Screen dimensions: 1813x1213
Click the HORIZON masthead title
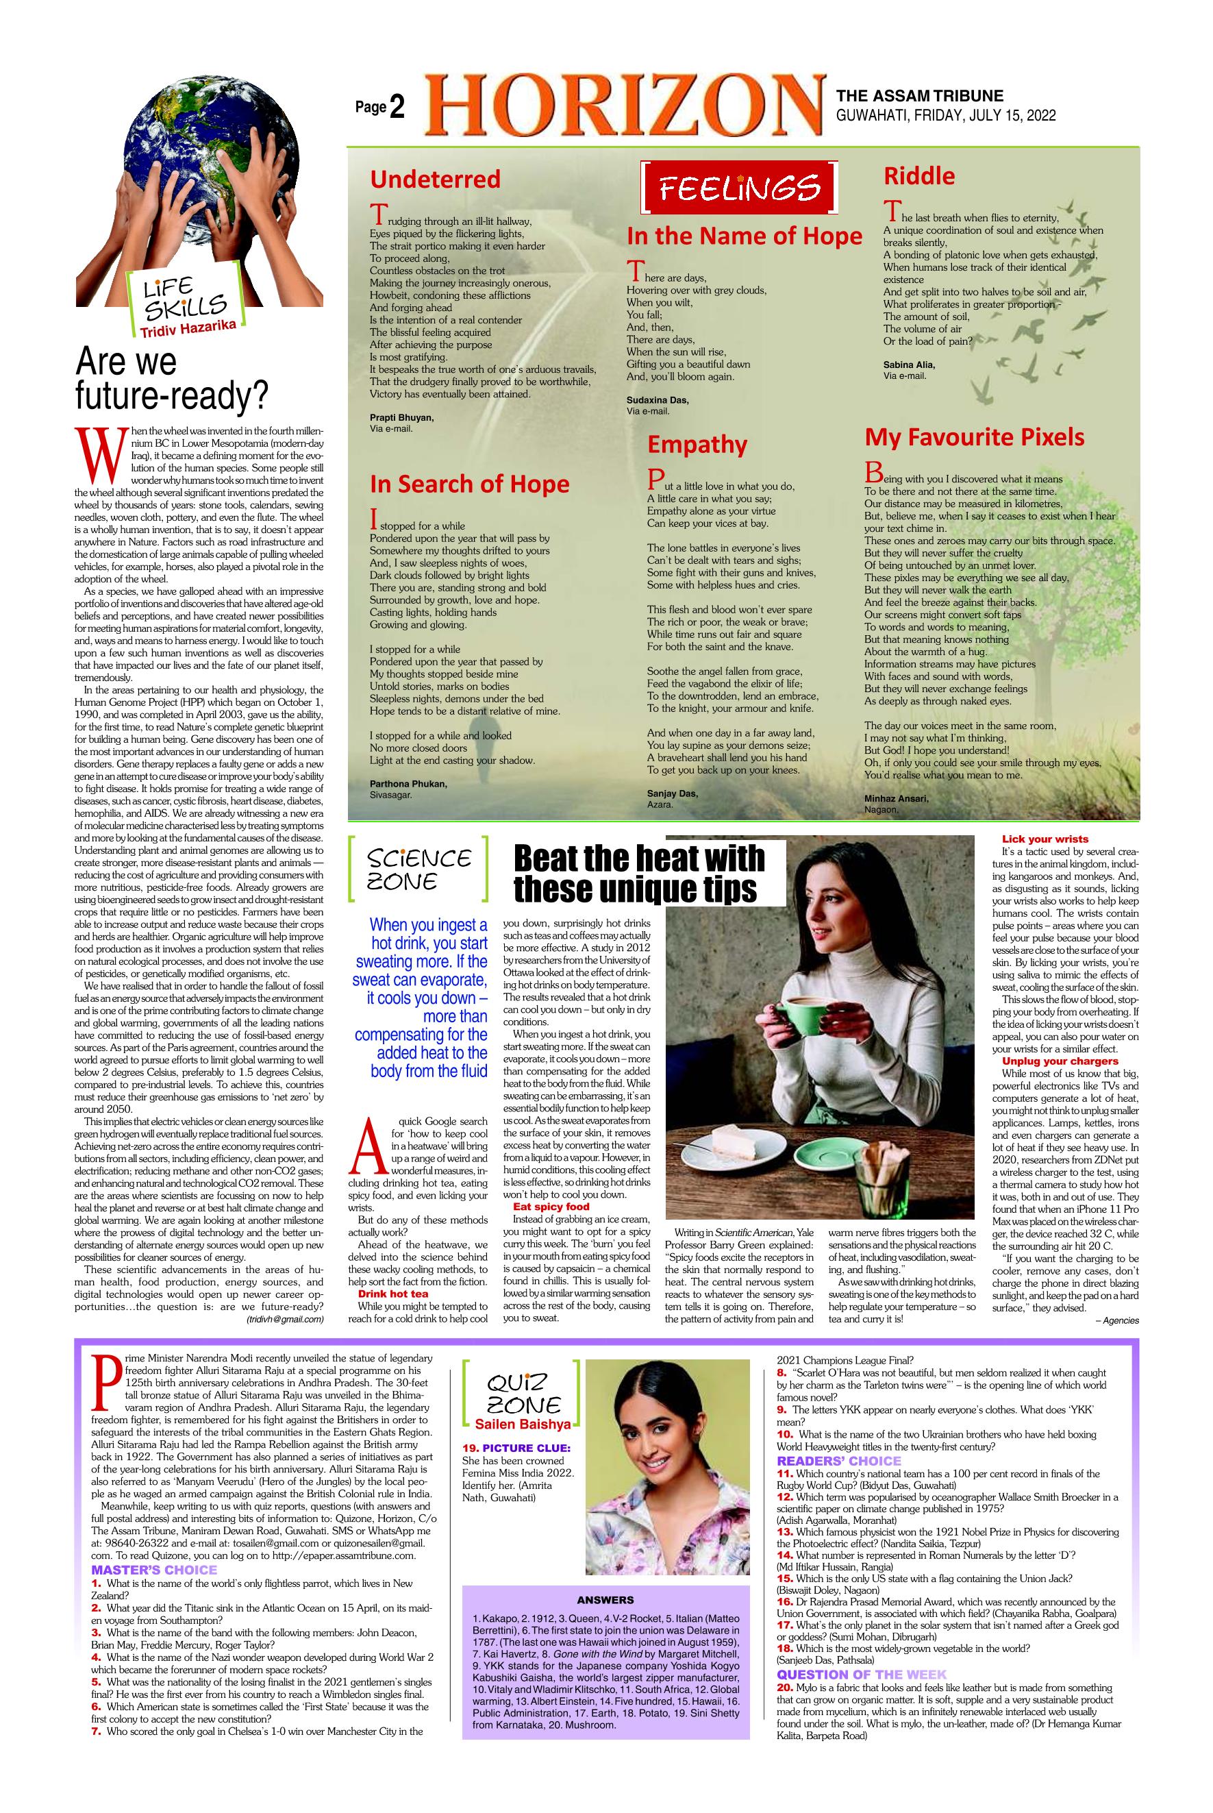pos(623,106)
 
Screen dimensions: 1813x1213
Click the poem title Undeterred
pos(435,180)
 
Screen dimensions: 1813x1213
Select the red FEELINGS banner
pos(739,187)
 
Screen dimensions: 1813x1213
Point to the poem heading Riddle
pos(919,175)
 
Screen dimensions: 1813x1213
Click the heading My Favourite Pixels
pos(974,437)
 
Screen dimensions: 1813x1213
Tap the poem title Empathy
pos(697,445)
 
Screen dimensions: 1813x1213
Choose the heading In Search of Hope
pos(468,484)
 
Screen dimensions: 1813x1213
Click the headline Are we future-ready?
pos(171,379)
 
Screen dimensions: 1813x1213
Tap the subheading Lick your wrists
pos(1045,839)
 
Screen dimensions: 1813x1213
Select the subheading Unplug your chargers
pos(1060,1061)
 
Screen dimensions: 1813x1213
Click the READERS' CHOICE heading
pos(838,1461)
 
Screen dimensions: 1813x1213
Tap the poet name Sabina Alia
pos(909,365)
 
